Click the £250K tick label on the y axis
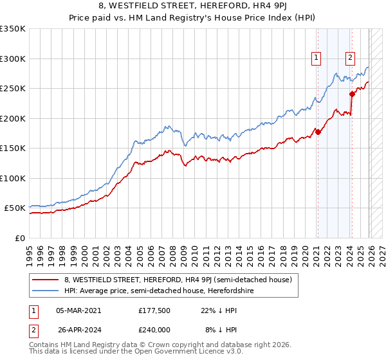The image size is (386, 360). (13, 89)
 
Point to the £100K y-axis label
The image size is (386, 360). (13, 178)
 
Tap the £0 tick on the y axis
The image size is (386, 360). (19, 238)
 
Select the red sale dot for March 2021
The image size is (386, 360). (318, 132)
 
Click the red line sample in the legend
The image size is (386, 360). (46, 280)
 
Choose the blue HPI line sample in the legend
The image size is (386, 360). (46, 291)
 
